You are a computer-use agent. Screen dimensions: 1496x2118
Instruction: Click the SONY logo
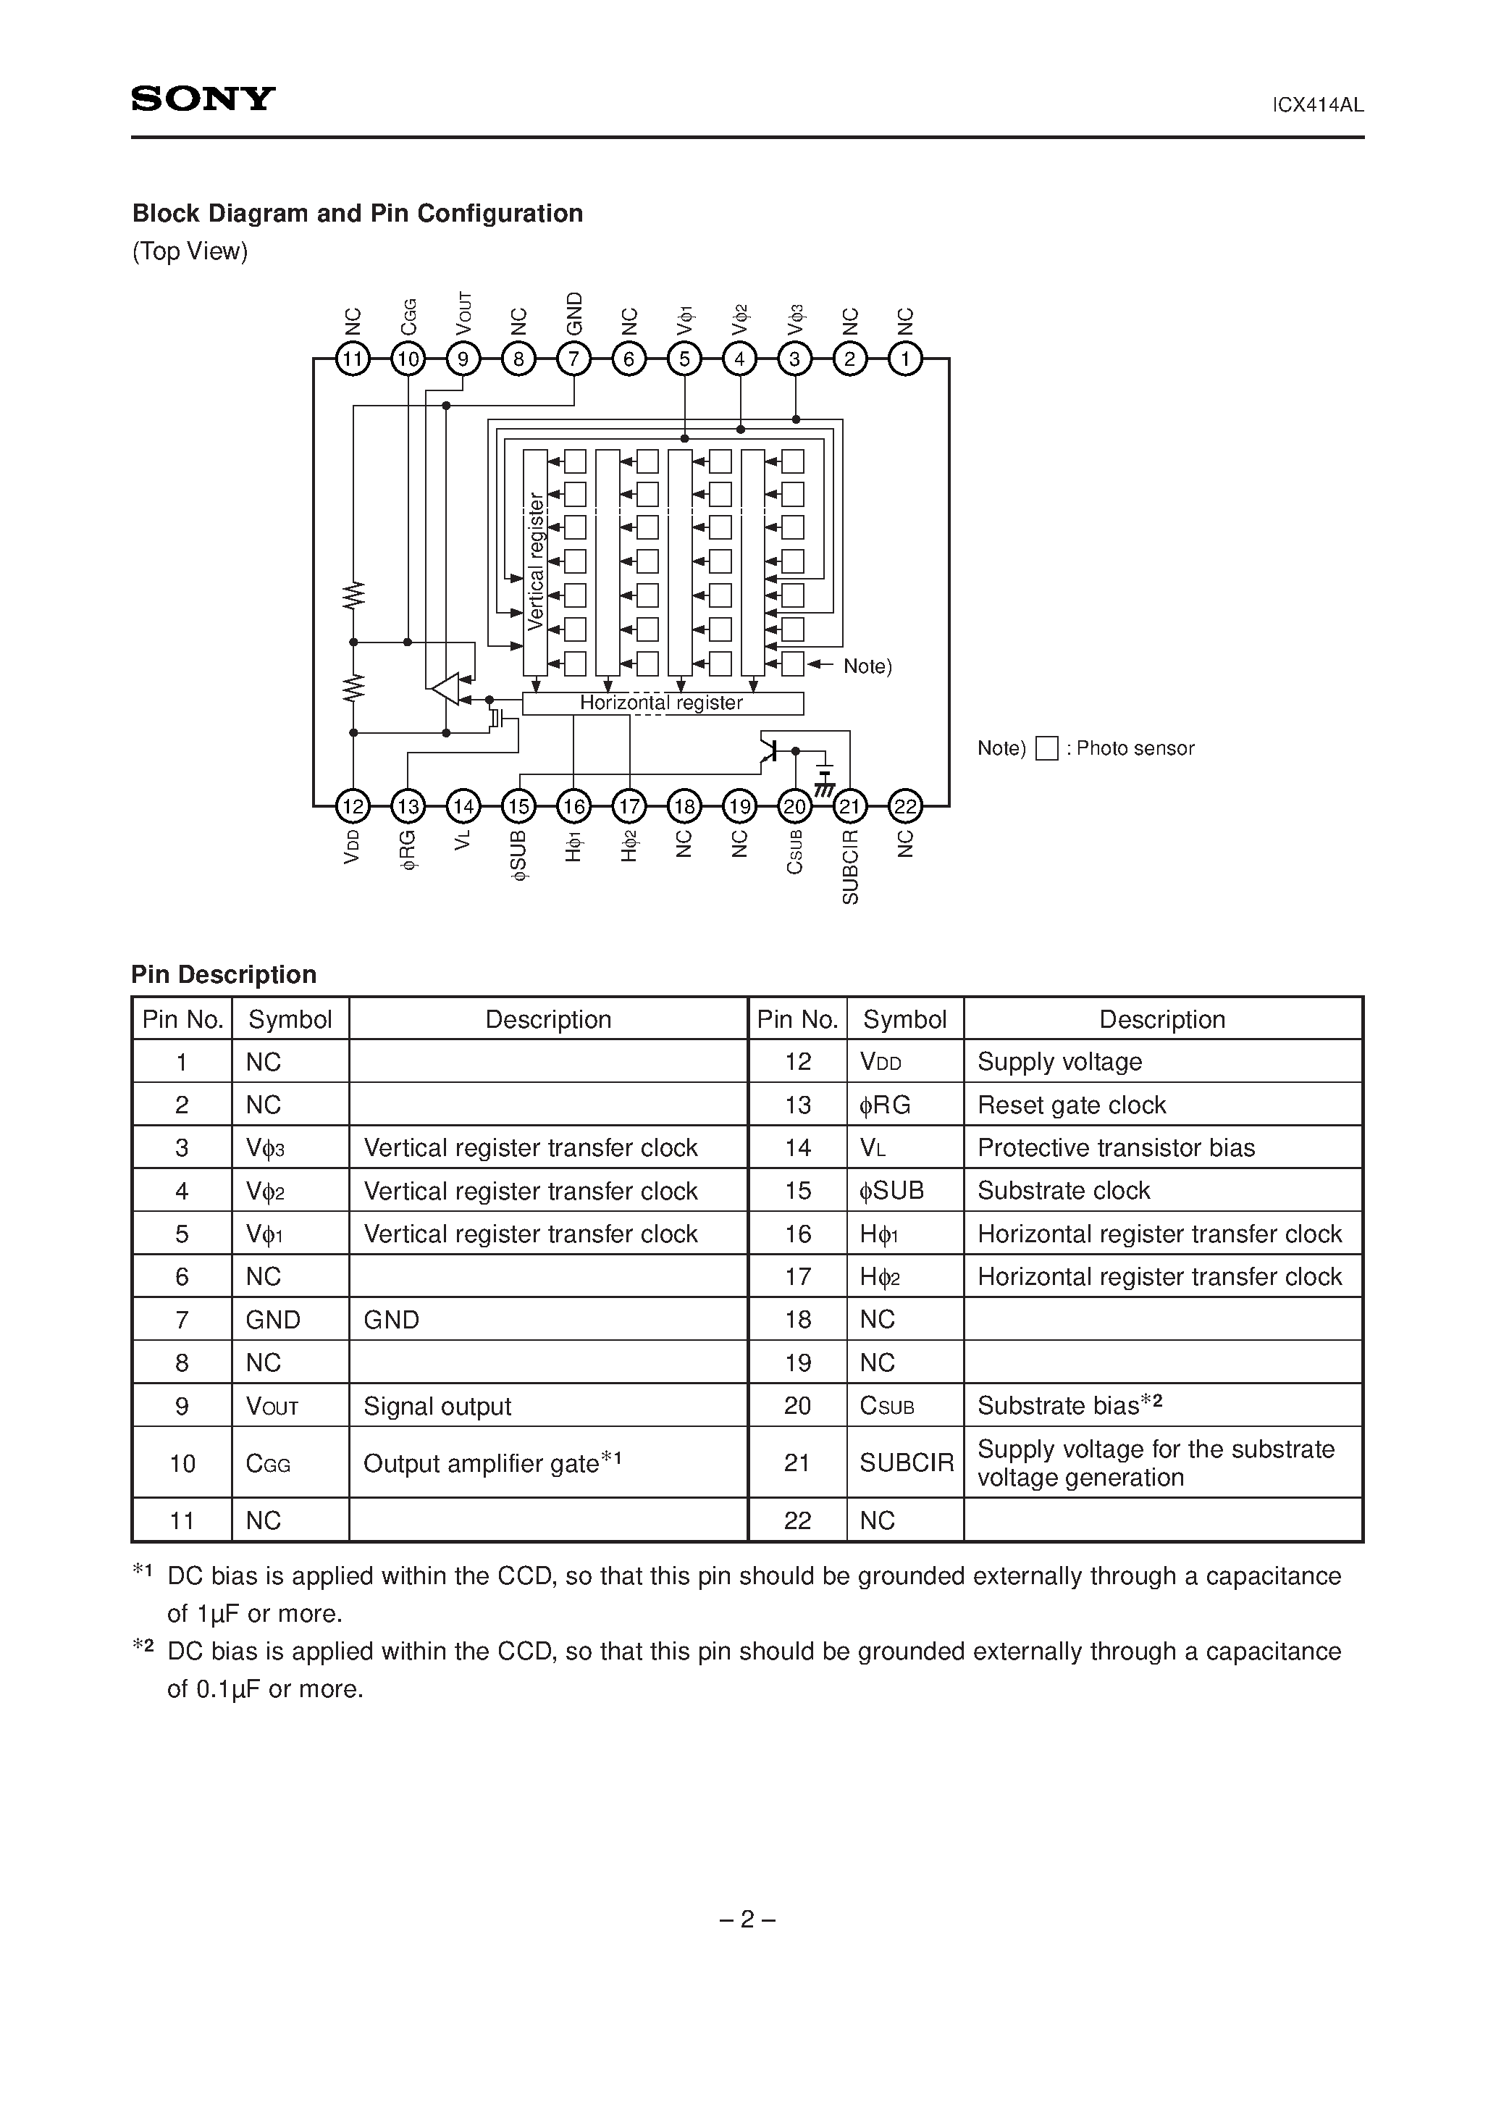203,99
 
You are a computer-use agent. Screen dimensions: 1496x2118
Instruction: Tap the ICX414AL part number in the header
1318,105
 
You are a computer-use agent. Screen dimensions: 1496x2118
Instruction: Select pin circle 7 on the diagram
573,359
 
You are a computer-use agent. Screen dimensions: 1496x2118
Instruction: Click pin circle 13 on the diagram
408,807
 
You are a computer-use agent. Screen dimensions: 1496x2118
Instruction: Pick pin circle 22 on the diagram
906,807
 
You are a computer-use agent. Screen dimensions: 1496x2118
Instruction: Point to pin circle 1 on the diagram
906,359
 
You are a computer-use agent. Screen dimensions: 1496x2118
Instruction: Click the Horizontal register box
663,703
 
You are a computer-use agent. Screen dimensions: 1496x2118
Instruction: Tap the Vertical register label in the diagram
536,562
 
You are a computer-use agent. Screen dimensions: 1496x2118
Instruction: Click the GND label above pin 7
573,314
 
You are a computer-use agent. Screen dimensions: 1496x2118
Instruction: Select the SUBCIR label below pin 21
850,866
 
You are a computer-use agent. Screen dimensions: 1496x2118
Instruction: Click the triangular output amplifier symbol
445,688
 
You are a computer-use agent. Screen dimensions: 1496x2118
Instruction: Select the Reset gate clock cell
1072,1105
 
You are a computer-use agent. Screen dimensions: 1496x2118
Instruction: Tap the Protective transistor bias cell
1116,1147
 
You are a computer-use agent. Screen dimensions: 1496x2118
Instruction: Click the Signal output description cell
437,1406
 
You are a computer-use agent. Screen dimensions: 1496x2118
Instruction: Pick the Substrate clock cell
1064,1191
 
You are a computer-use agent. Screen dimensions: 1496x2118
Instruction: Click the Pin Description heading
224,975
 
